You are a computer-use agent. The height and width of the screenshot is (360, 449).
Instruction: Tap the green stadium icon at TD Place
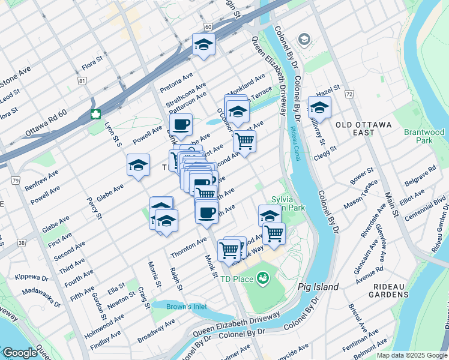(x=262, y=278)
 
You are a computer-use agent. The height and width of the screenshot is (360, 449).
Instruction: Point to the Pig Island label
(x=318, y=287)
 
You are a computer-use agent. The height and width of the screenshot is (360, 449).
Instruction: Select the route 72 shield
(x=350, y=94)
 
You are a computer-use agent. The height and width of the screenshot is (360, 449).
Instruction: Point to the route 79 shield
(x=16, y=181)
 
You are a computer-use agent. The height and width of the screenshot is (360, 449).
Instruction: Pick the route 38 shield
(x=22, y=243)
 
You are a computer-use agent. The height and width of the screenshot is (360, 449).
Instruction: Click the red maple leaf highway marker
(x=95, y=115)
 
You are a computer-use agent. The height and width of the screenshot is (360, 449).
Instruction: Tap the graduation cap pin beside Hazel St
(x=319, y=108)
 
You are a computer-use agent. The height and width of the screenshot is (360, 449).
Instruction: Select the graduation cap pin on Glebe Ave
(x=138, y=165)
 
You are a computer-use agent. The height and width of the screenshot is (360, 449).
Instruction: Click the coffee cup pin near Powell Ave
(x=181, y=125)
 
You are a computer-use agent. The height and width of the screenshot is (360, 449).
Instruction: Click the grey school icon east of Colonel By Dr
(x=304, y=40)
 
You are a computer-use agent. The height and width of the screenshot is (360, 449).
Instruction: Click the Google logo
(x=19, y=353)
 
